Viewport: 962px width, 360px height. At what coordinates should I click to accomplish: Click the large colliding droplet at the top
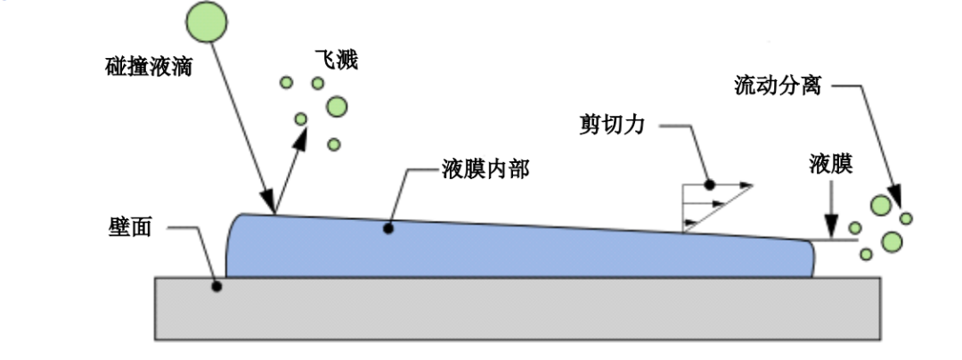click(x=207, y=22)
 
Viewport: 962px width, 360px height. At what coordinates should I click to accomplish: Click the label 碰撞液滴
click(x=149, y=66)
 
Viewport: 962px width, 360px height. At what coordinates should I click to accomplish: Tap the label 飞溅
click(x=334, y=61)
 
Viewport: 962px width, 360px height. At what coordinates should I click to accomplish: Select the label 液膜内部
click(x=485, y=168)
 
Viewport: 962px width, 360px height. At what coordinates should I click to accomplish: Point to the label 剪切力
click(x=612, y=125)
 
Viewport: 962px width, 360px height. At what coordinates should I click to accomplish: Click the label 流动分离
click(x=778, y=86)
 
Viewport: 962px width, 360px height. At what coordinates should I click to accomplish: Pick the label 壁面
click(x=128, y=227)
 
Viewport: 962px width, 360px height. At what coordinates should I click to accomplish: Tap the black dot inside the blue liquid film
click(x=387, y=228)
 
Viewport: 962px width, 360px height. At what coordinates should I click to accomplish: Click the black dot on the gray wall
click(x=216, y=286)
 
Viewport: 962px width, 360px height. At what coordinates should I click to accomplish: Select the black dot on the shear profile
click(x=710, y=184)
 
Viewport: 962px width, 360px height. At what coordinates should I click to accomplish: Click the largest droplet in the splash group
click(x=336, y=107)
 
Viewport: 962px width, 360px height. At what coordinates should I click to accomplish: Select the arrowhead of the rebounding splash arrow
click(x=300, y=139)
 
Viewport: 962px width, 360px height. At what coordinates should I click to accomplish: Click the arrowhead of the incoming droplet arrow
click(x=268, y=201)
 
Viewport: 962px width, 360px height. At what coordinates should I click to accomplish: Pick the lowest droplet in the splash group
click(x=334, y=144)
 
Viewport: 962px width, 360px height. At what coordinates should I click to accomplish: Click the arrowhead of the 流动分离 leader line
click(x=894, y=198)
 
